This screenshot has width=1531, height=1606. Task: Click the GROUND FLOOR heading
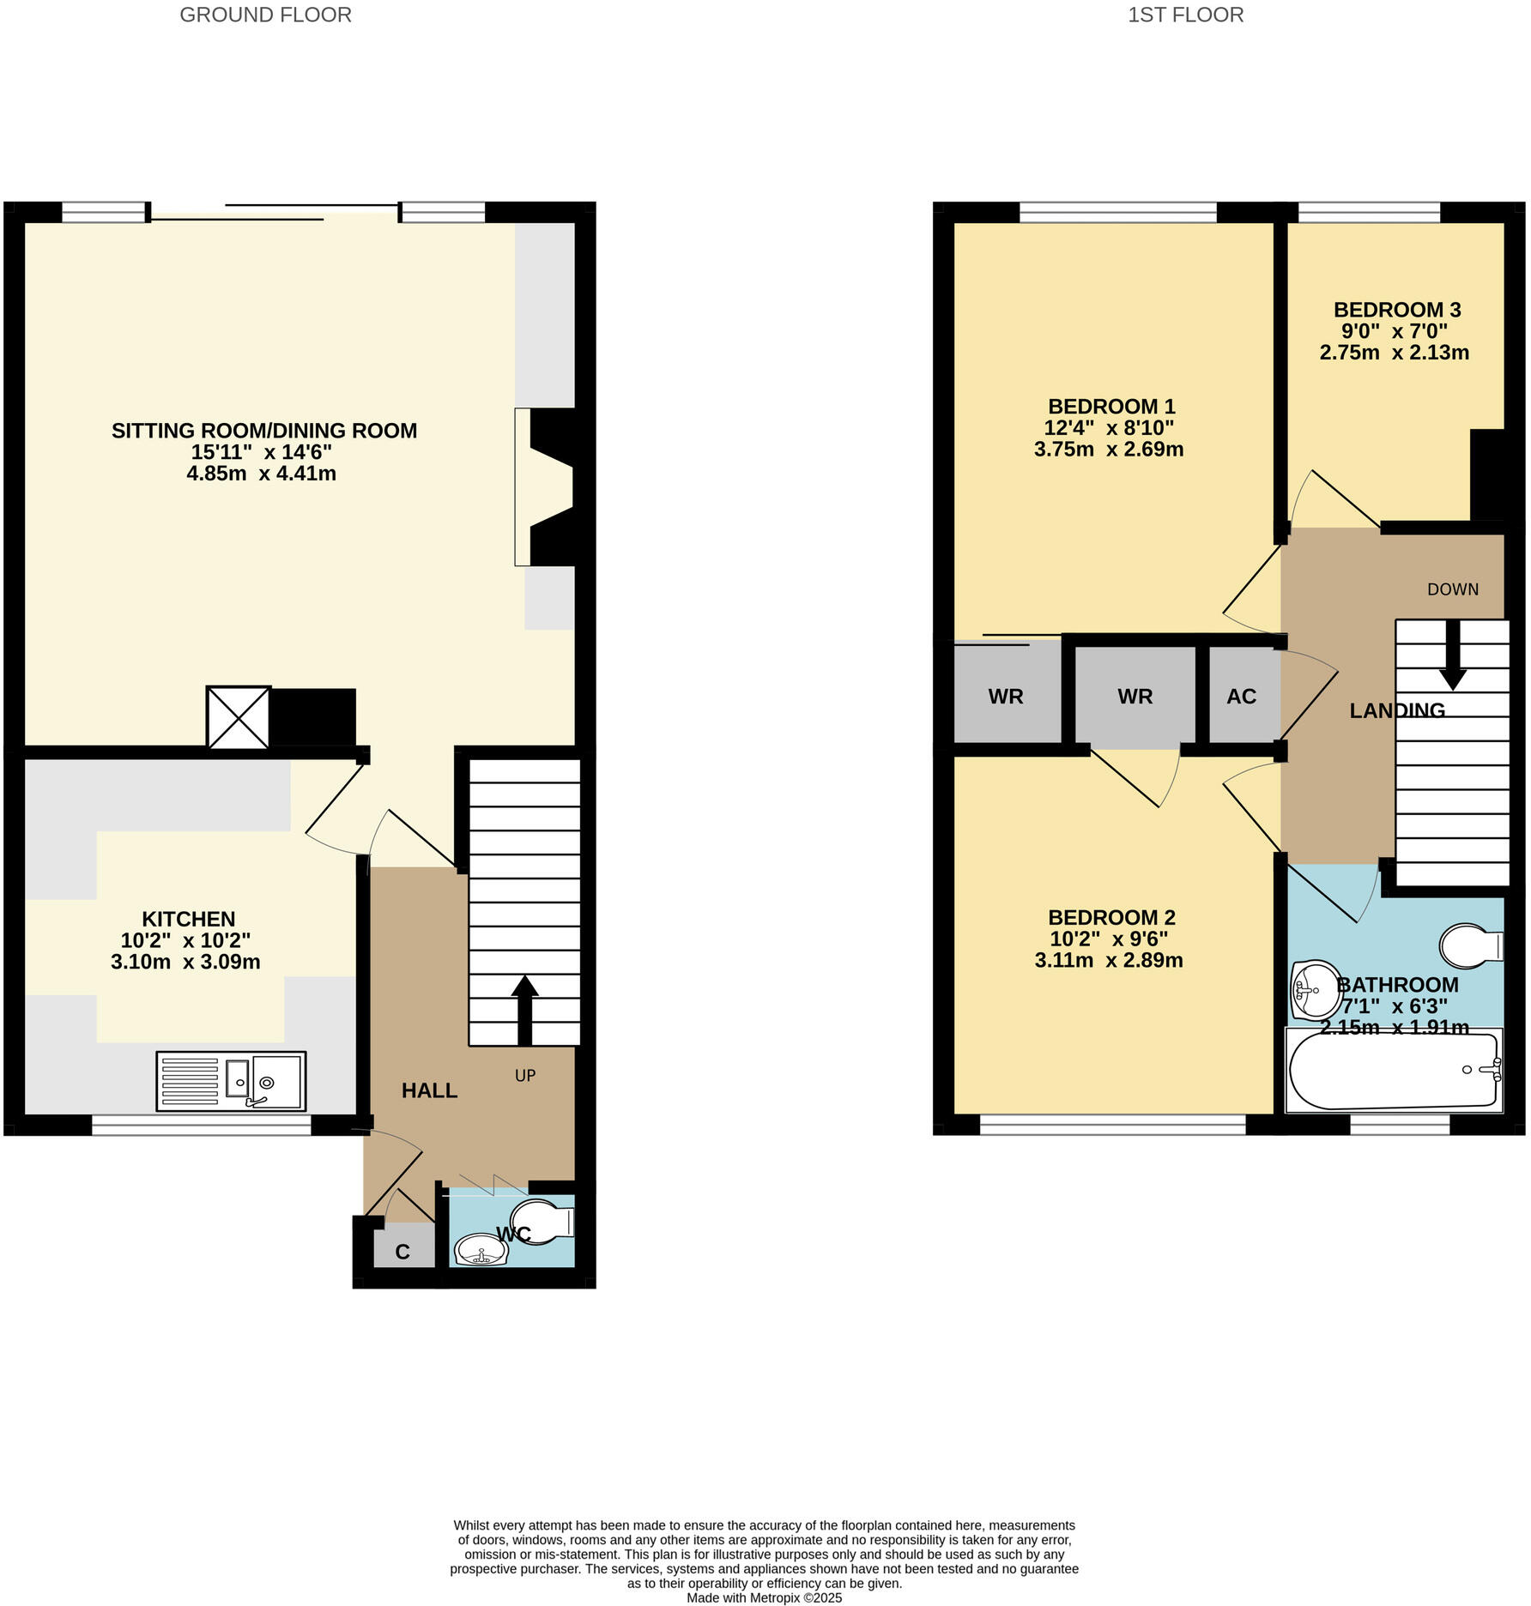click(x=265, y=15)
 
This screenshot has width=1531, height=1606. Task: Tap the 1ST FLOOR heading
click(x=1184, y=15)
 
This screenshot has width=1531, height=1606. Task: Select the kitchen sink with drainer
click(x=231, y=1081)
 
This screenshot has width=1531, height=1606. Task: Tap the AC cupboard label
click(x=1241, y=697)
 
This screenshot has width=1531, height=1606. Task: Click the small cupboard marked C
click(x=402, y=1252)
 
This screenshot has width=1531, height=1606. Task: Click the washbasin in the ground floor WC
click(x=481, y=1250)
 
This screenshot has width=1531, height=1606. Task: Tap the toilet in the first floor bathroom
click(x=1470, y=945)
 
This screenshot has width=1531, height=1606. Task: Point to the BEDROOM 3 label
click(x=1396, y=310)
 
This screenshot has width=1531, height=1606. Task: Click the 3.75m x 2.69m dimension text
click(x=1108, y=450)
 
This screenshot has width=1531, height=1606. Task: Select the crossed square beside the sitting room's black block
click(x=239, y=717)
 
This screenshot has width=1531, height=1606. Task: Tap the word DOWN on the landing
click(x=1452, y=589)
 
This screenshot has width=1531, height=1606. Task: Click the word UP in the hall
click(x=525, y=1075)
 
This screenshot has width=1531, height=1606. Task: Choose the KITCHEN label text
click(x=188, y=919)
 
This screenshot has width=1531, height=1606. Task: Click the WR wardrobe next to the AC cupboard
click(x=1135, y=697)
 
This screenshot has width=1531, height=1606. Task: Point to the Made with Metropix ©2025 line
click(x=764, y=1597)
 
